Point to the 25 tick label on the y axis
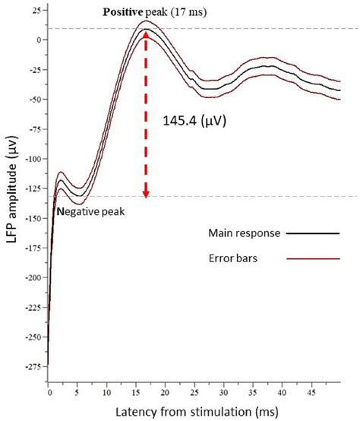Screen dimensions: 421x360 tap(36, 10)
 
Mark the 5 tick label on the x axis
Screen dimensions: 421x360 tap(77, 395)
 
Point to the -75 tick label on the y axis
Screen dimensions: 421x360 tap(33, 128)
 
